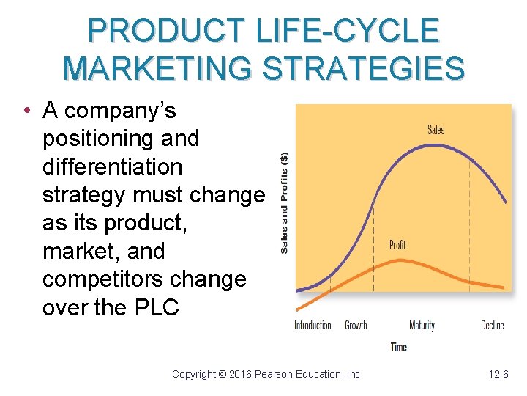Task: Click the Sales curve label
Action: coord(436,131)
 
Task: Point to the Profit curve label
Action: coord(397,245)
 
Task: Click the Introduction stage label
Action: coord(313,325)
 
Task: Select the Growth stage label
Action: coord(356,325)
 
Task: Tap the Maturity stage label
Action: coord(422,325)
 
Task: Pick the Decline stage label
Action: coord(493,325)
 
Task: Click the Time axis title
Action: coord(399,347)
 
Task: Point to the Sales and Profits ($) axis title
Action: coord(284,202)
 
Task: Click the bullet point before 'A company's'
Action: coord(26,111)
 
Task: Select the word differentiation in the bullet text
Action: coord(112,166)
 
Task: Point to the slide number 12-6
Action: coord(498,374)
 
